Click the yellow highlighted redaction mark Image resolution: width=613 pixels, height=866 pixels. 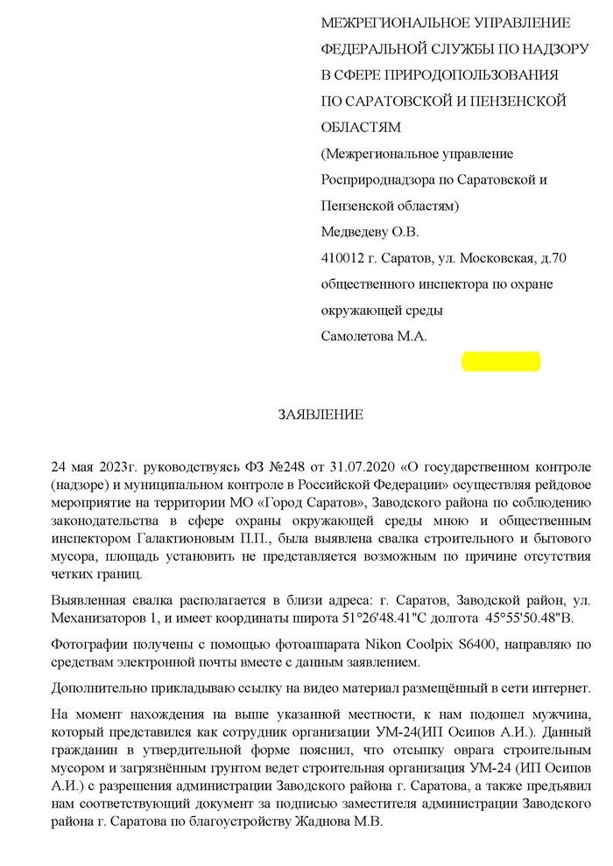501,360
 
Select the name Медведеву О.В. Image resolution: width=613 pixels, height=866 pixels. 370,232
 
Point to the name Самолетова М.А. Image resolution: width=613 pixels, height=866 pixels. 374,337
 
